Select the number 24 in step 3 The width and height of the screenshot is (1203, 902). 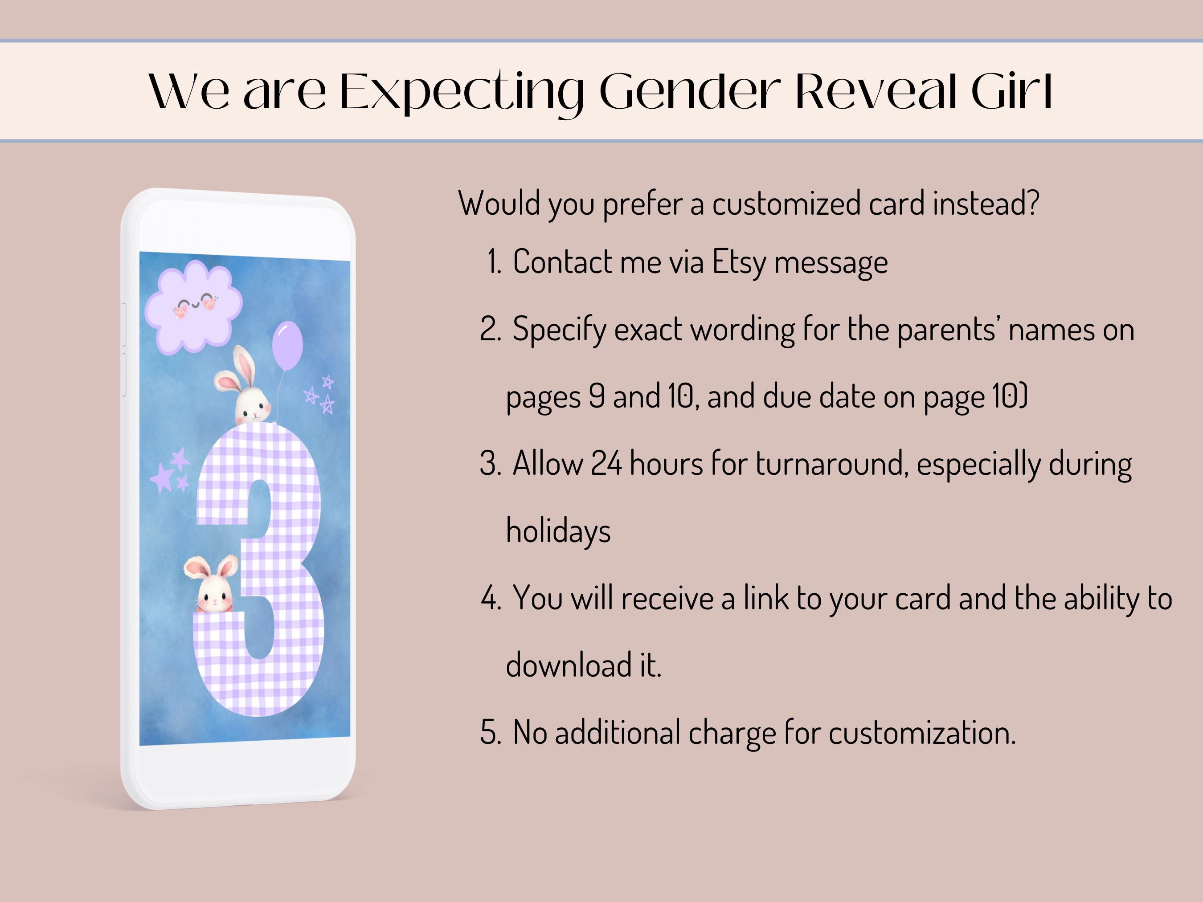coord(606,464)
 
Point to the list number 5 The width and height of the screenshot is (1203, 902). coord(490,732)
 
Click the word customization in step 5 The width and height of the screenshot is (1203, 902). coord(922,732)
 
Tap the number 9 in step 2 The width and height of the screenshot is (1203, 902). coord(597,396)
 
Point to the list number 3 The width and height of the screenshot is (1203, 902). coord(490,464)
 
